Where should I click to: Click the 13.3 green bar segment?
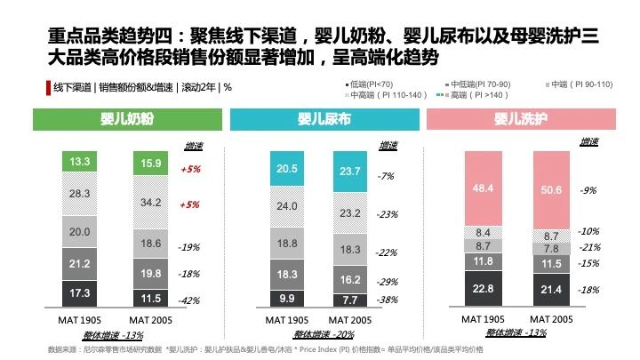[x=80, y=162]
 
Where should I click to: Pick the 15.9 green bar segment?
[x=150, y=164]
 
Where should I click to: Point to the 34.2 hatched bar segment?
[x=150, y=204]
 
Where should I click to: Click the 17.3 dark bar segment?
[x=80, y=292]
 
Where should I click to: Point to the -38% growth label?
[x=386, y=300]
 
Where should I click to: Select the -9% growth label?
[x=588, y=190]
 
